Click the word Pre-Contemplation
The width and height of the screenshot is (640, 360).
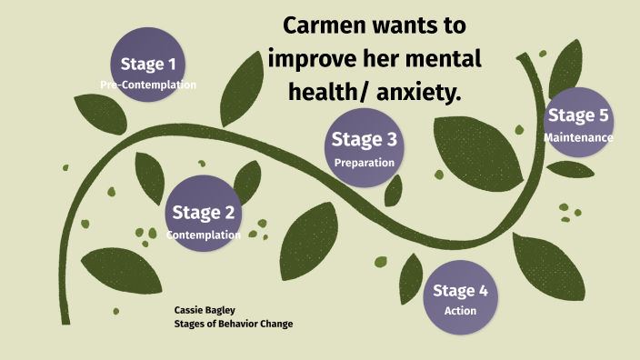148,85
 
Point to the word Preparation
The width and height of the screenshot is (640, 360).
364,163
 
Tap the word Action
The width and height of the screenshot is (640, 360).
460,311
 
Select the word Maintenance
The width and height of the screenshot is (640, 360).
578,137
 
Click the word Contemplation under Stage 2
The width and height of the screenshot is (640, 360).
204,235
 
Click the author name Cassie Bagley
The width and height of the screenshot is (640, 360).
205,310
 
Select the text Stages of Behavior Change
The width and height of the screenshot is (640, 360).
234,324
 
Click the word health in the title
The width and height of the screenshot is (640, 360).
325,90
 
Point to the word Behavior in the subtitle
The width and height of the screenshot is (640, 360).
238,324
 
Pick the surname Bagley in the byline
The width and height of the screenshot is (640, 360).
218,310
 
